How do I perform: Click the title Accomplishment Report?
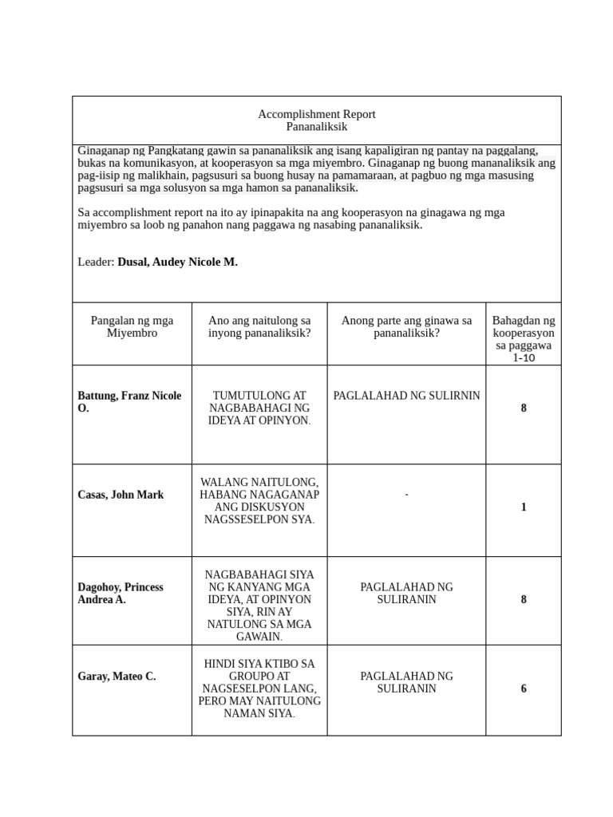pos(316,114)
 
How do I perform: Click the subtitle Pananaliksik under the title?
pos(316,127)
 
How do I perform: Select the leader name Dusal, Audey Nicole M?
pos(177,262)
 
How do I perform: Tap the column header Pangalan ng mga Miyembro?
pos(132,326)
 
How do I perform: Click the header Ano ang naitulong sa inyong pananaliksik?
pos(259,326)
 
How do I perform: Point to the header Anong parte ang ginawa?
pos(406,326)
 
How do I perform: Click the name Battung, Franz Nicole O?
pos(129,402)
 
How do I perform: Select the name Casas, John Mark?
pos(121,495)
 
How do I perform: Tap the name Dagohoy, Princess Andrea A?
pos(121,594)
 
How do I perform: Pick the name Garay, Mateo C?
pos(117,677)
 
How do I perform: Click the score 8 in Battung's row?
pos(524,408)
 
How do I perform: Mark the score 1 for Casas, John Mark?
pos(524,507)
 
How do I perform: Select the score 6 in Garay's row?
pos(524,689)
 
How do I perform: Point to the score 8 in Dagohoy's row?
pos(524,600)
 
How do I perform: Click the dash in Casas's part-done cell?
pos(406,495)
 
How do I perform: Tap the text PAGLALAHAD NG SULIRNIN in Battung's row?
pos(406,396)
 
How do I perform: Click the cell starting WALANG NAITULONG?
pos(259,501)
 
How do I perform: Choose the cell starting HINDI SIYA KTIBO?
pos(259,689)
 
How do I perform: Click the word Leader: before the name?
pos(96,262)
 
